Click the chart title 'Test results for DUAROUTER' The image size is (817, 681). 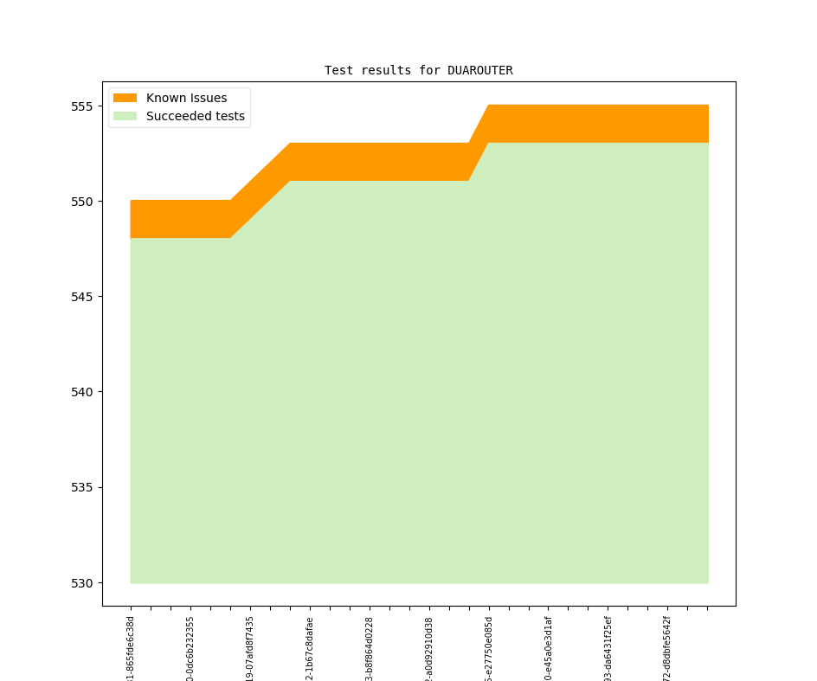[x=418, y=70]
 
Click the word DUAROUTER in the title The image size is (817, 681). [x=479, y=70]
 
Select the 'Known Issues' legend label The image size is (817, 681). [x=186, y=98]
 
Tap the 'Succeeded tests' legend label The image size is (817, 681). [x=195, y=116]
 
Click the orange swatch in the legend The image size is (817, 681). [x=125, y=98]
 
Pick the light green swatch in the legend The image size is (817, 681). [x=125, y=116]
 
